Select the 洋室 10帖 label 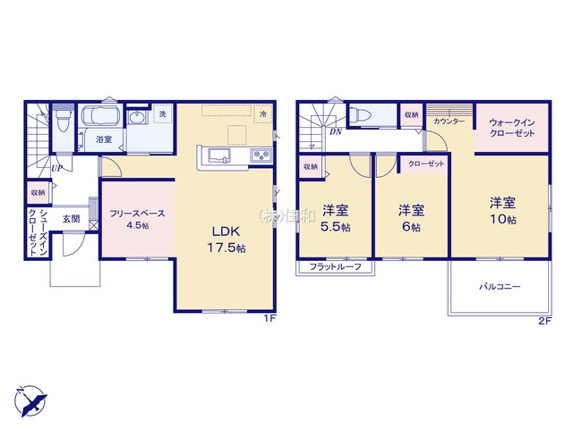[x=502, y=210]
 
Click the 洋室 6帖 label [x=411, y=218]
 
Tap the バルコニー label [x=499, y=286]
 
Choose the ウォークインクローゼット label [x=512, y=127]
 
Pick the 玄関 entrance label [x=73, y=217]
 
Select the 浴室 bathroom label [x=104, y=139]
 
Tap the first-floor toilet [x=62, y=122]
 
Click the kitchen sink [x=221, y=156]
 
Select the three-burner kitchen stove [x=260, y=156]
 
